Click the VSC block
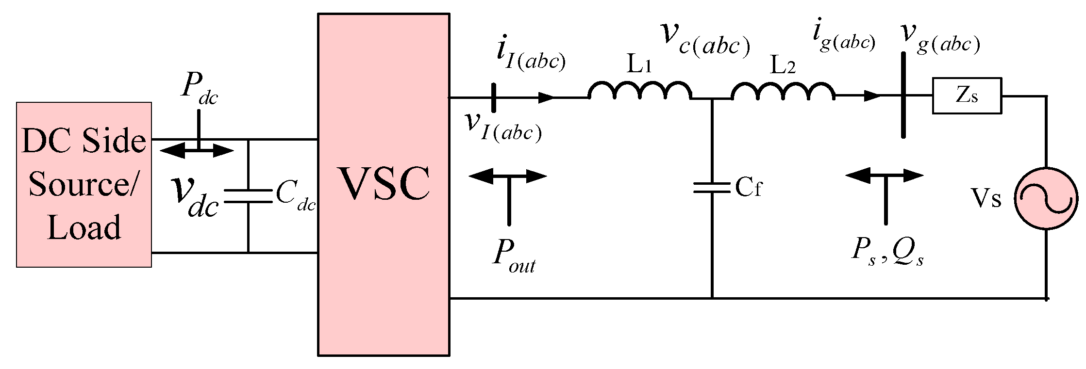coord(383,184)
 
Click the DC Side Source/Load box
coord(84,184)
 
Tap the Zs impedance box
coord(966,96)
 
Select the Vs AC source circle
coord(1045,199)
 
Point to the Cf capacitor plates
coord(712,188)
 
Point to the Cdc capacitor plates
coord(248,196)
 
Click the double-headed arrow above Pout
coord(508,176)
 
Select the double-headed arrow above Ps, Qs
coord(884,176)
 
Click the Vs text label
coord(986,199)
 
